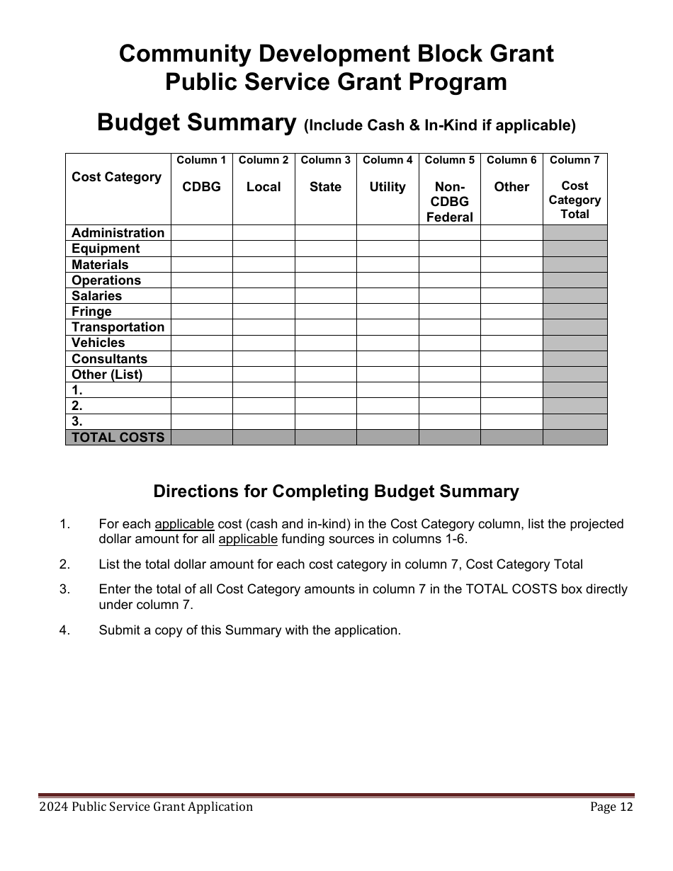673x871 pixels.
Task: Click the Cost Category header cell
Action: point(117,177)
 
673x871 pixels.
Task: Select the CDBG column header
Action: point(202,187)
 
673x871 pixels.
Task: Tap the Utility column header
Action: point(388,187)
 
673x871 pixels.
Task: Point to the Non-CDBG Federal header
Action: point(450,202)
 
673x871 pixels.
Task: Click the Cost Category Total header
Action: point(575,200)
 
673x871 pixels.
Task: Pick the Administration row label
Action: point(118,233)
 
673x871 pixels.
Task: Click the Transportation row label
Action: point(118,327)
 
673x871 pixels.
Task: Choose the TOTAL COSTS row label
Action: point(118,438)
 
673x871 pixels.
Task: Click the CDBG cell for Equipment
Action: point(202,249)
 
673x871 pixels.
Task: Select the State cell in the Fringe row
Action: point(325,312)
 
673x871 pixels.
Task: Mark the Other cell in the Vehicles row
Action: point(511,343)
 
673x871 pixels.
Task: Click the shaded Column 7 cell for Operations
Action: point(575,280)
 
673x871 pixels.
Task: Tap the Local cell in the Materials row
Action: point(264,265)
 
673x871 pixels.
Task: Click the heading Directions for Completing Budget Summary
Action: point(336,491)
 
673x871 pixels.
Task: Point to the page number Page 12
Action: point(611,807)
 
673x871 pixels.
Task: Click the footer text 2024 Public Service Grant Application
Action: point(146,807)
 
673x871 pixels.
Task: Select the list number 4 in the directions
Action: point(64,630)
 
